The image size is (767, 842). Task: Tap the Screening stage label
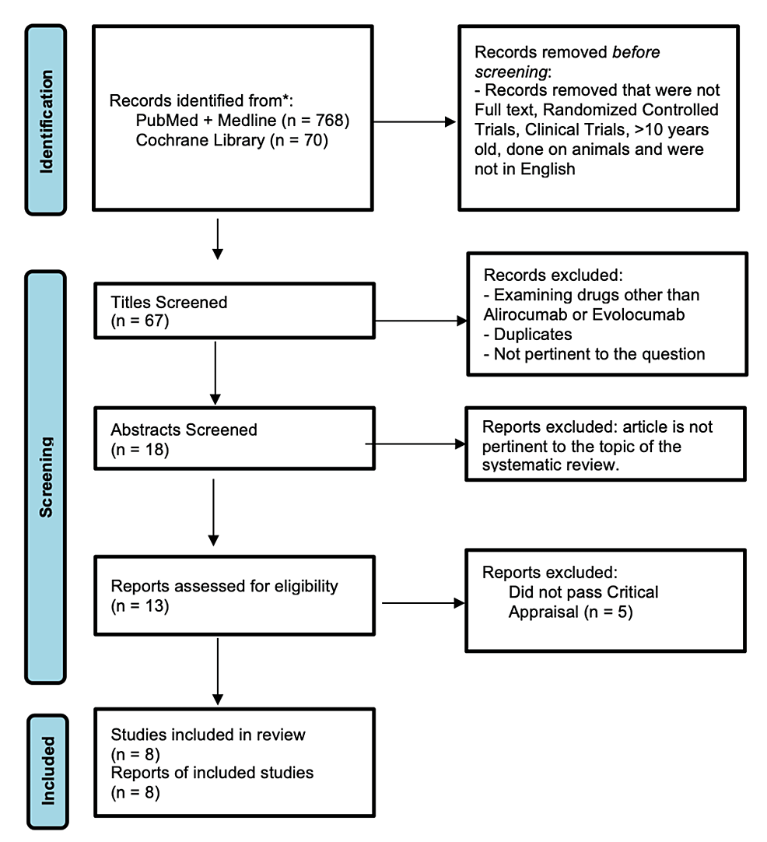tap(47, 476)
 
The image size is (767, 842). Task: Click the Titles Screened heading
tap(169, 302)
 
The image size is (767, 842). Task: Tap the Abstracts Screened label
tap(184, 430)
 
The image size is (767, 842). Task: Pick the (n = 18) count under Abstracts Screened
tap(140, 449)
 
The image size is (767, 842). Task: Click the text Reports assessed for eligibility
tap(224, 585)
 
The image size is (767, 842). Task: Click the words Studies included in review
tap(208, 735)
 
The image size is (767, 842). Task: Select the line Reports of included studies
tap(212, 773)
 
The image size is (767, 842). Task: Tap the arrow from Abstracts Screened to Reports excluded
tap(416, 444)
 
